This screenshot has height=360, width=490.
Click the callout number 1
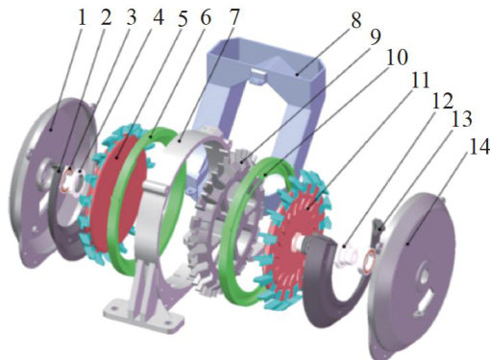(83, 18)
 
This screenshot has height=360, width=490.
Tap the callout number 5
(183, 19)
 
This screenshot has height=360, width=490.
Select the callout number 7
(234, 17)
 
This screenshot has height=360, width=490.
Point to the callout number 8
(355, 20)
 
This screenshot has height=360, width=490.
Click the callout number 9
(375, 37)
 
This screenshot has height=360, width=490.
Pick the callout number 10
(397, 58)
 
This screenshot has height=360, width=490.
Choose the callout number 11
(420, 80)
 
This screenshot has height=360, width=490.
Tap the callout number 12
(443, 101)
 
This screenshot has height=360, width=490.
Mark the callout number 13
(461, 119)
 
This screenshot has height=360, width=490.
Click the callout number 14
(479, 147)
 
